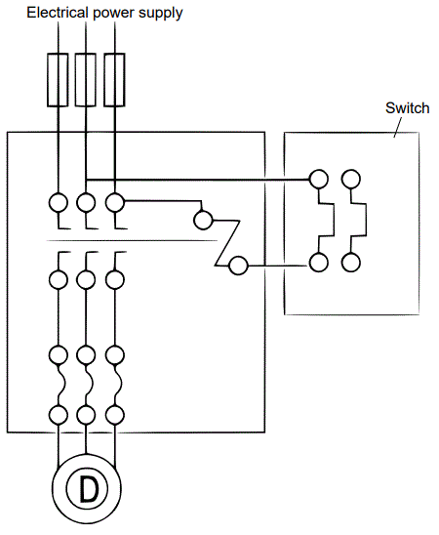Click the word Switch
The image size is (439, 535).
(x=407, y=108)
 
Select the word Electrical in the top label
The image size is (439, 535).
(x=56, y=13)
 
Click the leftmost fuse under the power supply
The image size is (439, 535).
(x=58, y=79)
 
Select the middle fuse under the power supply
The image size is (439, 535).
(x=86, y=79)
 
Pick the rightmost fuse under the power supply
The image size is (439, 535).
(x=114, y=79)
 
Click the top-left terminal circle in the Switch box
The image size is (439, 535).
(x=317, y=179)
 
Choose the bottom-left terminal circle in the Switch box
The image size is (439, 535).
(x=317, y=262)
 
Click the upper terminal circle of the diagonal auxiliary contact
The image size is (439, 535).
(x=202, y=219)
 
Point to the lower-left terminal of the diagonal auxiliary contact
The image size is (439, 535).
(x=237, y=265)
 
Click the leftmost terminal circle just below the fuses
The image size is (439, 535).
(x=58, y=203)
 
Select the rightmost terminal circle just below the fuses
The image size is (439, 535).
(x=115, y=203)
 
